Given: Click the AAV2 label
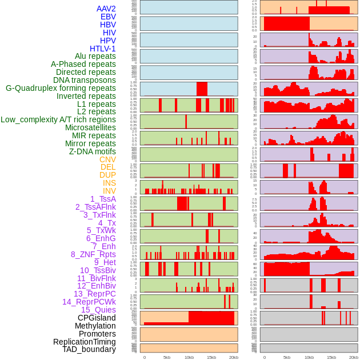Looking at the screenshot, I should tap(106, 9).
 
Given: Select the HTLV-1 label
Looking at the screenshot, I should tap(102, 49).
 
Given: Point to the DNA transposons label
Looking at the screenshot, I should tap(85, 80).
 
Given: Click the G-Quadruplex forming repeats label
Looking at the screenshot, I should tap(61, 88).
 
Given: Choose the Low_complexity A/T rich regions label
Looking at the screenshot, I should tap(58, 119).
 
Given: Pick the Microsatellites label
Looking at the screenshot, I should tap(90, 127).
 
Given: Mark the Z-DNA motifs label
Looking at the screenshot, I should tap(92, 151).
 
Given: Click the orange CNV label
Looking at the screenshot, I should tap(107, 159).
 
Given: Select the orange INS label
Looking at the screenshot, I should tap(109, 183).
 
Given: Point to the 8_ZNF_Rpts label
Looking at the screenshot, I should tap(93, 254).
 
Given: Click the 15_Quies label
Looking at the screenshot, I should tap(98, 310).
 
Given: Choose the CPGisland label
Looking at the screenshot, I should tap(97, 318).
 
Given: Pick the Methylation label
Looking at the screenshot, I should tap(94, 326).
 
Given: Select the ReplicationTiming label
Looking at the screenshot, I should tap(84, 342).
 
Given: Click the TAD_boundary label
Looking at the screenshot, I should tap(89, 349).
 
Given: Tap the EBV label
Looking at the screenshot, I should tap(108, 17).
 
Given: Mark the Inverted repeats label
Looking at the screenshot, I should tap(86, 96).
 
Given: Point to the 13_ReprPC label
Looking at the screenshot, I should tap(94, 294).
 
